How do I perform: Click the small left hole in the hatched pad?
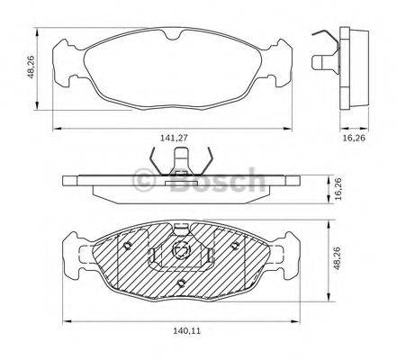(131, 246)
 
